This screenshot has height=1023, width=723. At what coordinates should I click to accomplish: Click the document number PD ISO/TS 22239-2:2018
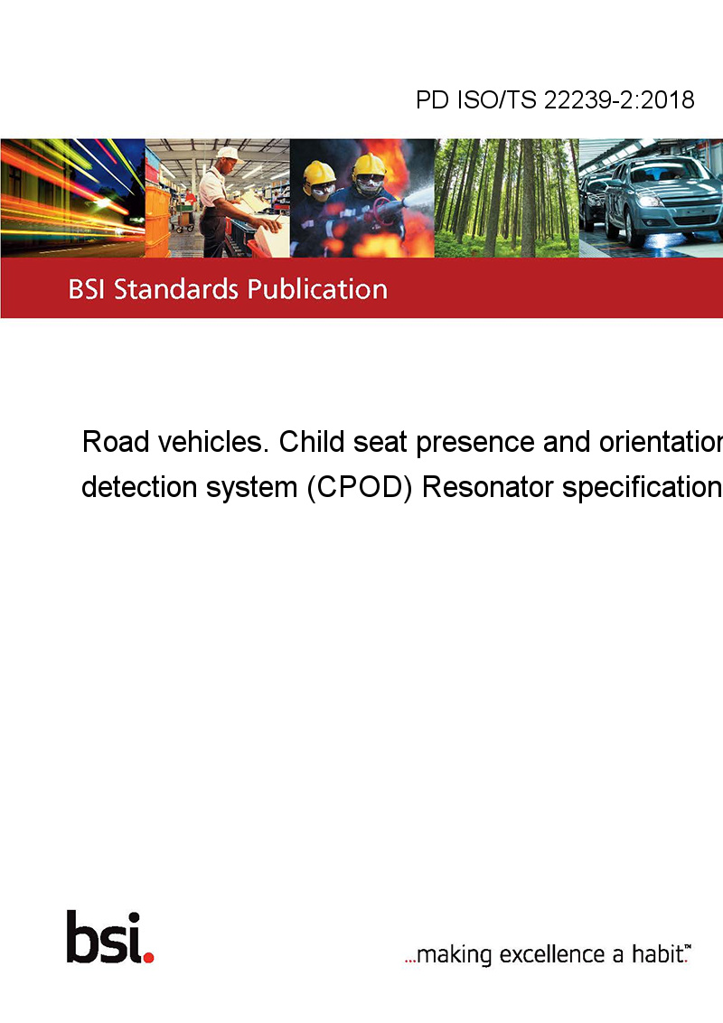click(555, 99)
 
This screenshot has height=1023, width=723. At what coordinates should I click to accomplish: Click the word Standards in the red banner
click(176, 289)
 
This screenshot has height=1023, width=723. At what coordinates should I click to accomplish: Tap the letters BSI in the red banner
click(87, 289)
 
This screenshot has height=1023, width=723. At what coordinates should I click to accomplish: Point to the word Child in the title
click(312, 442)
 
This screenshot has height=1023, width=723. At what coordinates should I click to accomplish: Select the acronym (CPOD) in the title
click(360, 487)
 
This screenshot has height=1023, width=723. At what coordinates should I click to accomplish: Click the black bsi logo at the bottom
click(105, 937)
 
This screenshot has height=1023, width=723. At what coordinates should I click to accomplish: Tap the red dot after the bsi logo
click(149, 957)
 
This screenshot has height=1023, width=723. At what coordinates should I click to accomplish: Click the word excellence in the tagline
click(552, 953)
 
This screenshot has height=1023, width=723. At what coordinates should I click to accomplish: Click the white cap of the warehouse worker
click(229, 154)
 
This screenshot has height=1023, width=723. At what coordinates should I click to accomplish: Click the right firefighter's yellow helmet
click(370, 165)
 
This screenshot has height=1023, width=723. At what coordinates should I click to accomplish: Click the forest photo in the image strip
click(506, 198)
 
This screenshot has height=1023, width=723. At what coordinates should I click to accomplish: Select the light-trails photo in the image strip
click(72, 198)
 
